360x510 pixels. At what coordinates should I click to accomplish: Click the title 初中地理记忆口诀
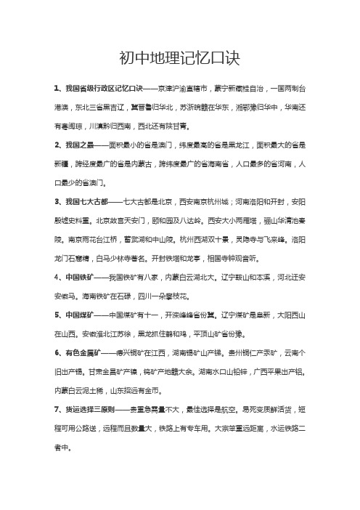pyautogui.click(x=179, y=57)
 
